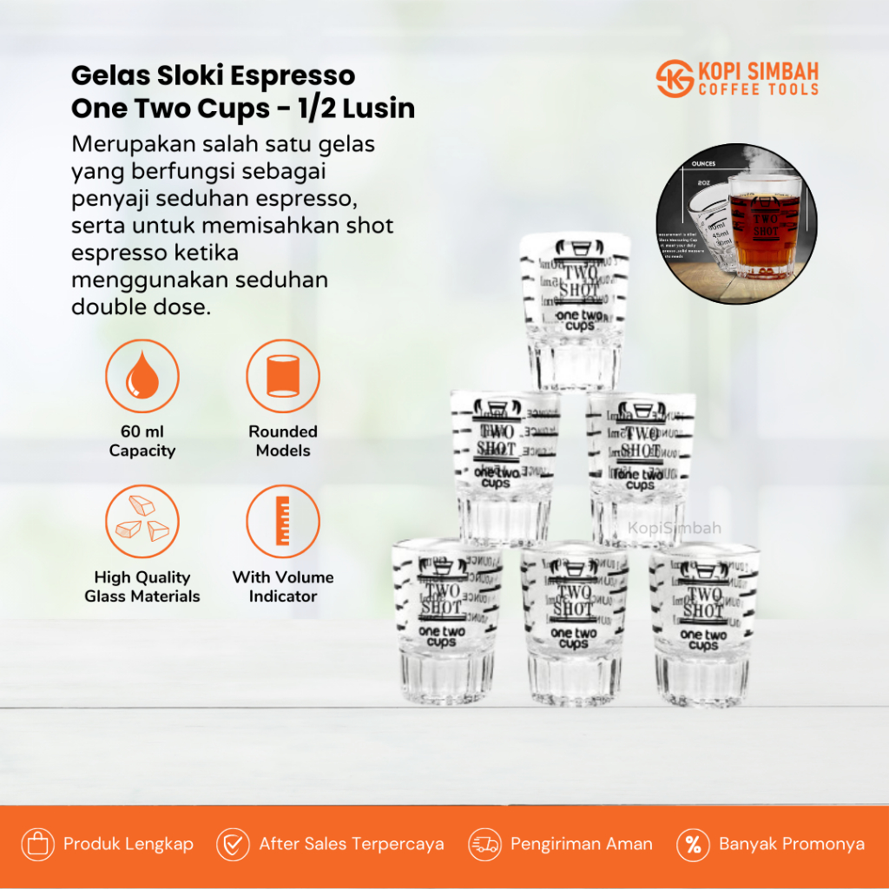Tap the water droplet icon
(142, 376)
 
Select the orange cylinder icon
(283, 376)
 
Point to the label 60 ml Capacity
(142, 441)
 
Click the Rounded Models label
(283, 441)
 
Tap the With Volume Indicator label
(283, 587)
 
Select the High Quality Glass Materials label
(142, 587)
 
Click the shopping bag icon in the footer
(38, 844)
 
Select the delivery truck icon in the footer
(485, 844)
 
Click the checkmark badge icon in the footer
(234, 844)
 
